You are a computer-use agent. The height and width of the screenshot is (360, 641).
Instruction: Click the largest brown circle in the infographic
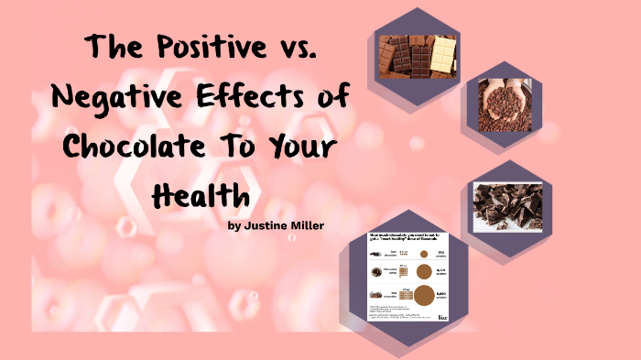[423, 296]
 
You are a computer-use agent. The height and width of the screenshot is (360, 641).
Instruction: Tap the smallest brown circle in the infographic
[423, 252]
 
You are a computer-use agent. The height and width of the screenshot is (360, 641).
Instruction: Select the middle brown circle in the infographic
[423, 272]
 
